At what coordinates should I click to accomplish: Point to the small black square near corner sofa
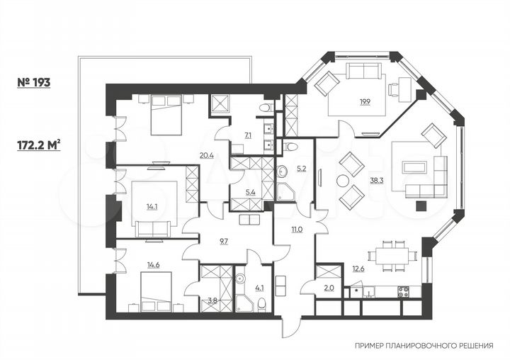[x=422, y=206]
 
